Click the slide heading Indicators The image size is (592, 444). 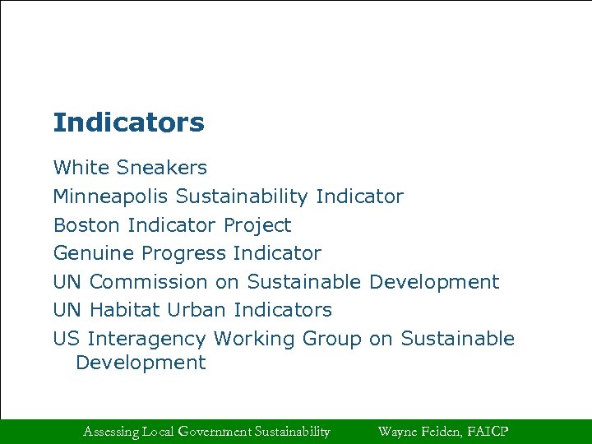(x=128, y=123)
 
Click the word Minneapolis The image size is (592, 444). (x=111, y=197)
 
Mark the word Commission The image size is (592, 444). (x=149, y=281)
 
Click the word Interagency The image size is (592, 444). (x=146, y=339)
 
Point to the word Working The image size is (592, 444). (x=254, y=339)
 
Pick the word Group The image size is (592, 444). (x=331, y=339)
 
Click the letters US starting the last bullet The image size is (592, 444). (x=66, y=339)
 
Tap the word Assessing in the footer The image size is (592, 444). (x=111, y=431)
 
